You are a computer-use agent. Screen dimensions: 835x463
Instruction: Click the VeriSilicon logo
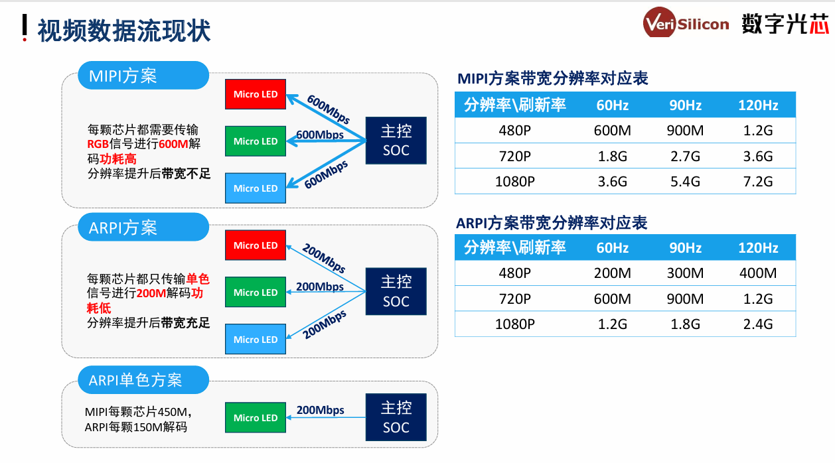click(x=686, y=23)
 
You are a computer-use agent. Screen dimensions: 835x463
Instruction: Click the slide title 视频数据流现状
click(x=123, y=30)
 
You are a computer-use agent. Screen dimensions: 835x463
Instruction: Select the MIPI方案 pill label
click(x=143, y=76)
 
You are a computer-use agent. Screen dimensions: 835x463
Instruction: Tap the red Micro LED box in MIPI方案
click(x=256, y=94)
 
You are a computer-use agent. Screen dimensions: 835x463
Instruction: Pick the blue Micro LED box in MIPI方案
click(x=256, y=188)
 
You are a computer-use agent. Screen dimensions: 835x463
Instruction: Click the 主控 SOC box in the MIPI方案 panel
click(x=396, y=141)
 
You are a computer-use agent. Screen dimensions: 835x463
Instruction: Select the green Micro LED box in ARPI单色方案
click(x=256, y=417)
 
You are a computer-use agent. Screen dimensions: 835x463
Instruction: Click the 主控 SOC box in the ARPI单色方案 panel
click(x=396, y=417)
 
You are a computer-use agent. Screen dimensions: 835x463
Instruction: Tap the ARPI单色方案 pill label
click(x=143, y=380)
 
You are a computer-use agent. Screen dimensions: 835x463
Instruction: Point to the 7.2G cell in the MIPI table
click(x=758, y=181)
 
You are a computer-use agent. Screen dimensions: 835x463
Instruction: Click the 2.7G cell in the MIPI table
click(x=685, y=156)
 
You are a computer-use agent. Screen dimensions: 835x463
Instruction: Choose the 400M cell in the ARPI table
click(x=758, y=273)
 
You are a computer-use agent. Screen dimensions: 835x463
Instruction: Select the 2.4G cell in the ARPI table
click(x=758, y=324)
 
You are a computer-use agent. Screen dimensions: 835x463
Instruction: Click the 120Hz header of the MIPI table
click(x=758, y=105)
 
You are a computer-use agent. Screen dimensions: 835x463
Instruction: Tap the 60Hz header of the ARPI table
click(x=612, y=247)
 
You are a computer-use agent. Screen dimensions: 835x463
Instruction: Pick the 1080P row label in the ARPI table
click(x=515, y=324)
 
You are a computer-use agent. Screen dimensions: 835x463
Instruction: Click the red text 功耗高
click(x=117, y=159)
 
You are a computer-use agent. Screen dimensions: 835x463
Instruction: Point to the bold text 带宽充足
click(x=185, y=322)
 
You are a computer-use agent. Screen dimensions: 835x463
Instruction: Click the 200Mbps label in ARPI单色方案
click(x=320, y=410)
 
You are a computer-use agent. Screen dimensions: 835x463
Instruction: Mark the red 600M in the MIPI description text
click(x=173, y=144)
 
